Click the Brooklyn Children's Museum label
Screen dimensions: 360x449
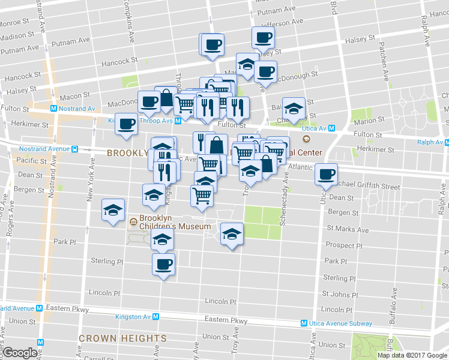[175, 222]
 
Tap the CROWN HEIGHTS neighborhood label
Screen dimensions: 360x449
[123, 338]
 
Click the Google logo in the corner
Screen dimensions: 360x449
[20, 353]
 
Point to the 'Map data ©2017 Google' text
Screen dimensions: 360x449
[412, 355]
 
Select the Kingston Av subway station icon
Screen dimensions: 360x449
[155, 316]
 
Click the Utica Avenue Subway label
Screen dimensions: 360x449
[344, 323]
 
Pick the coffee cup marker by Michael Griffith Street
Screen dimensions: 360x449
[326, 173]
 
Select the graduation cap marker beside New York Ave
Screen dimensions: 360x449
[112, 211]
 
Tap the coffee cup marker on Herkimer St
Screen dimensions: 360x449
[126, 124]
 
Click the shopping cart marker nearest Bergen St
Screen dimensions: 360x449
[202, 195]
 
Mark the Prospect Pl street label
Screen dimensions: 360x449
[344, 245]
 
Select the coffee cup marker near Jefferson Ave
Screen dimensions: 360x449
[263, 38]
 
